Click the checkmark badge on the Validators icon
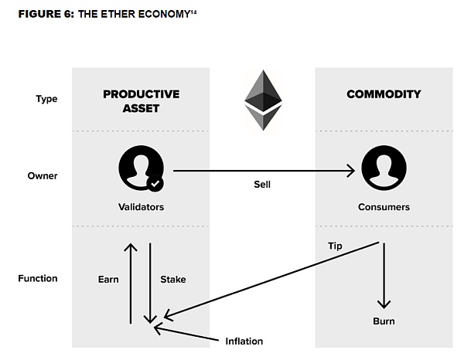[155, 184]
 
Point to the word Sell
[262, 185]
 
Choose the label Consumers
[384, 207]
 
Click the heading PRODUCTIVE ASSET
[141, 101]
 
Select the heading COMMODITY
[384, 94]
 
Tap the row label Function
[37, 278]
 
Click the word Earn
[108, 279]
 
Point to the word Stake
[172, 279]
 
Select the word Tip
[335, 246]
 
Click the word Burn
[384, 320]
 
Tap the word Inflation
[244, 341]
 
